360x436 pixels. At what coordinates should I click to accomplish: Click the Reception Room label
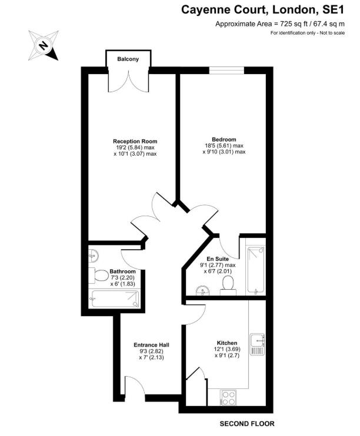pyautogui.click(x=135, y=142)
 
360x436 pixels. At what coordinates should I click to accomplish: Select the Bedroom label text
pyautogui.click(x=224, y=139)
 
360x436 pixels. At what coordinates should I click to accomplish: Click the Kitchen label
pyautogui.click(x=226, y=343)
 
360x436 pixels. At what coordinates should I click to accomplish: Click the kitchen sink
pyautogui.click(x=258, y=344)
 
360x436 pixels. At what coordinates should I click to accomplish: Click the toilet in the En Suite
pyautogui.click(x=228, y=285)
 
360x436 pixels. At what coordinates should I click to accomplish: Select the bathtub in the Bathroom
pyautogui.click(x=115, y=300)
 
